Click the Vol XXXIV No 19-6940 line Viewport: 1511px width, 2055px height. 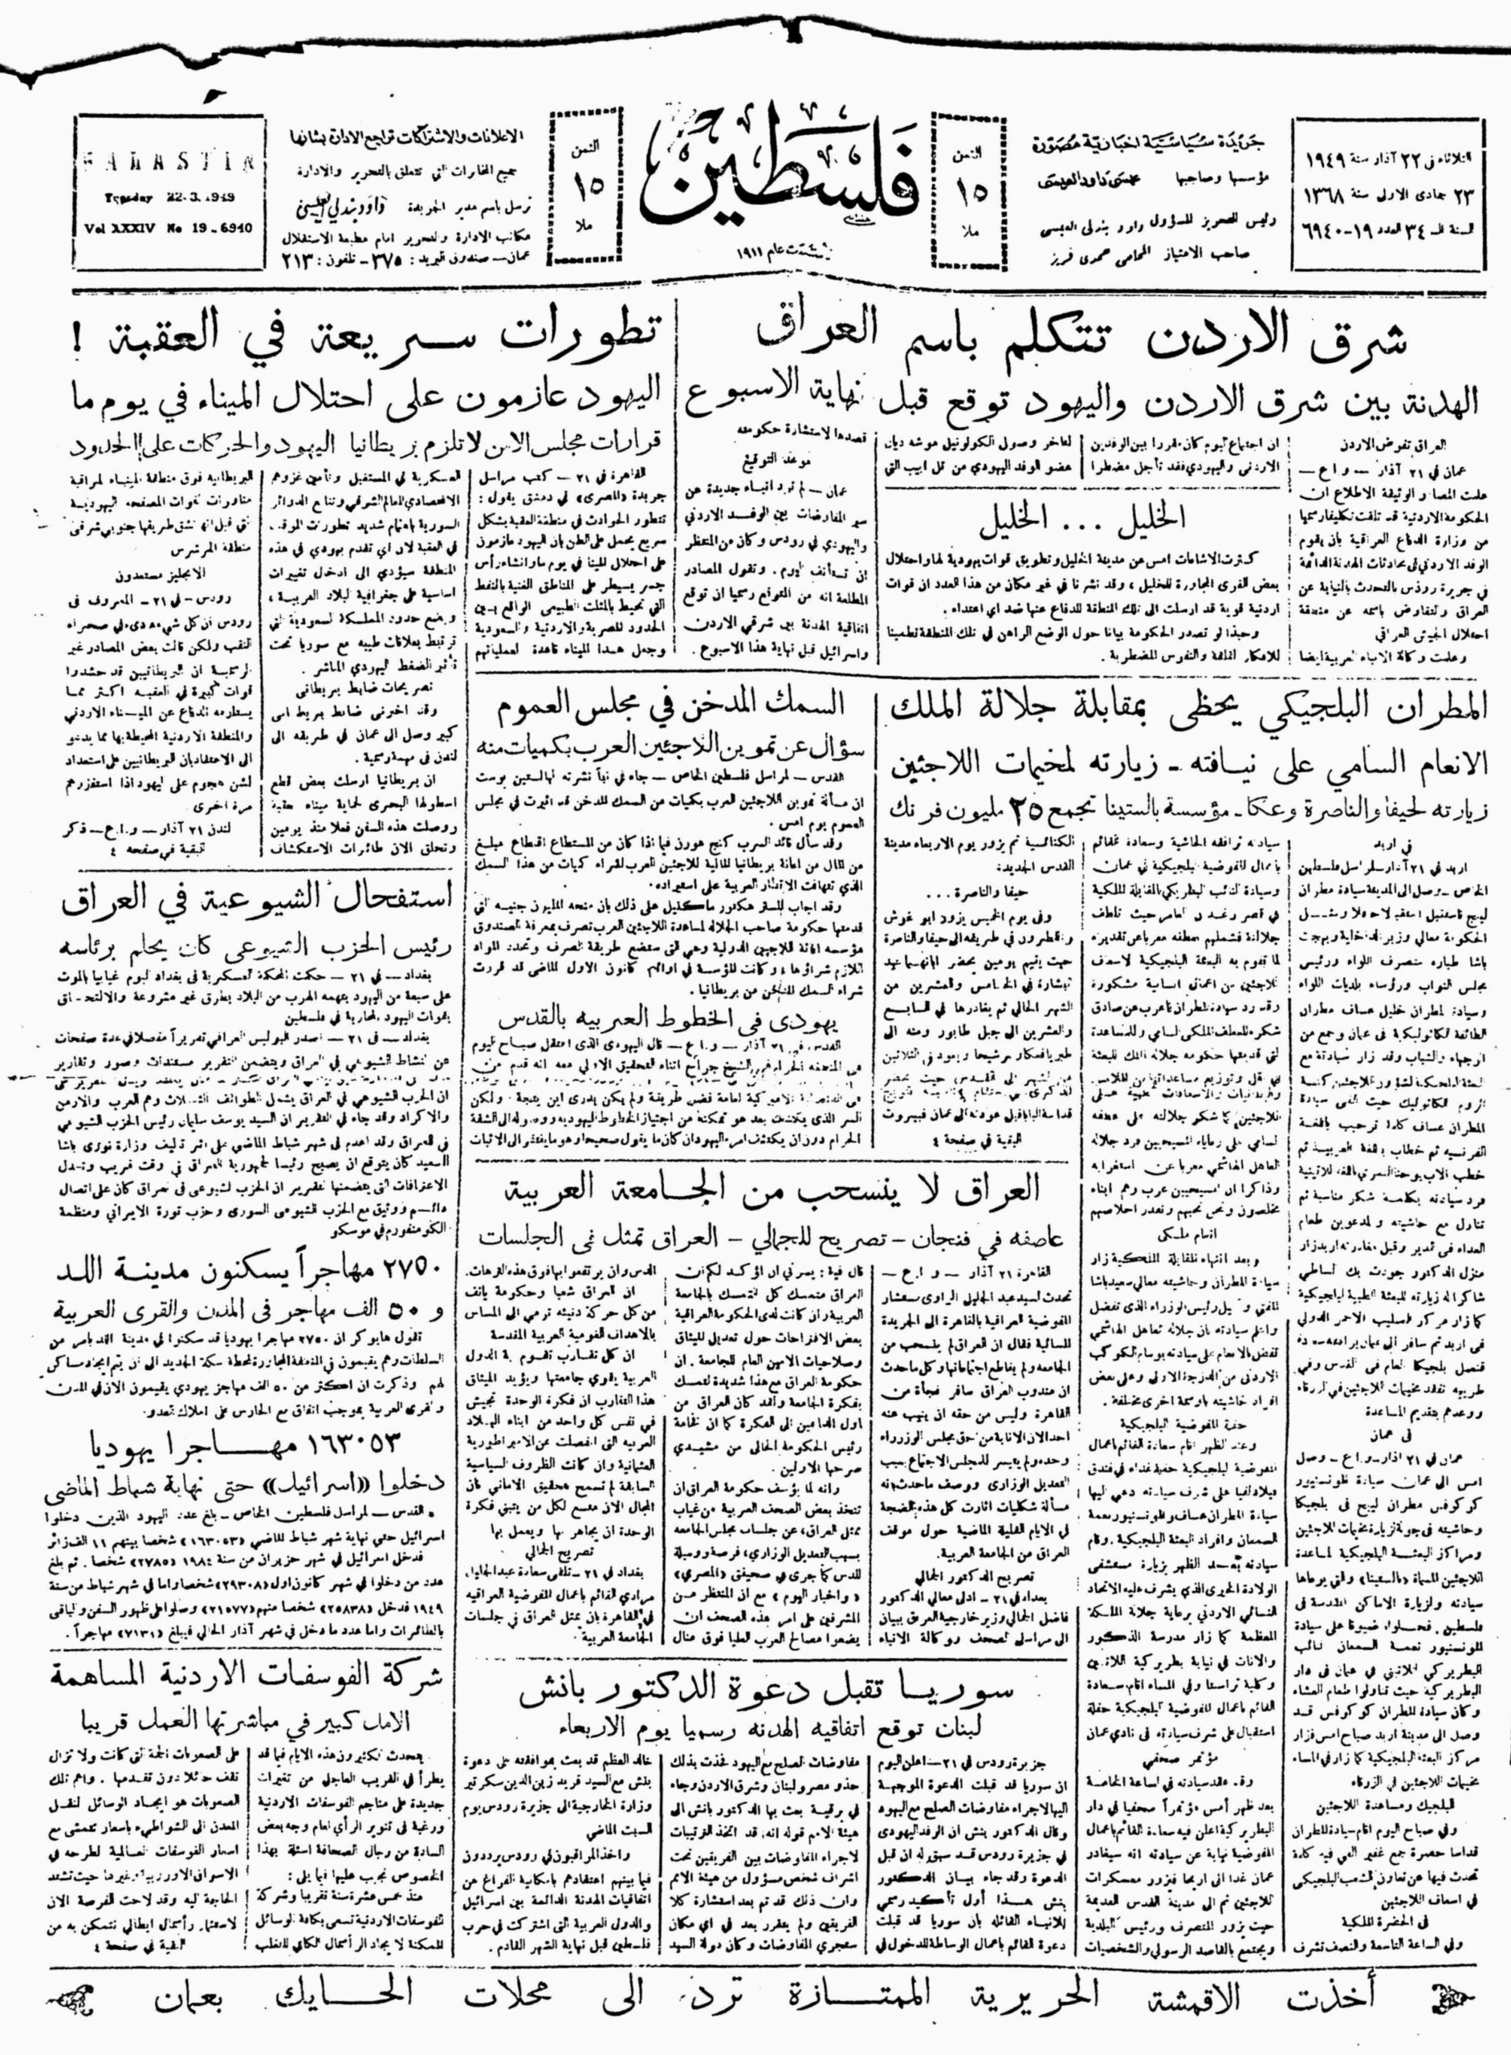(165, 229)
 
